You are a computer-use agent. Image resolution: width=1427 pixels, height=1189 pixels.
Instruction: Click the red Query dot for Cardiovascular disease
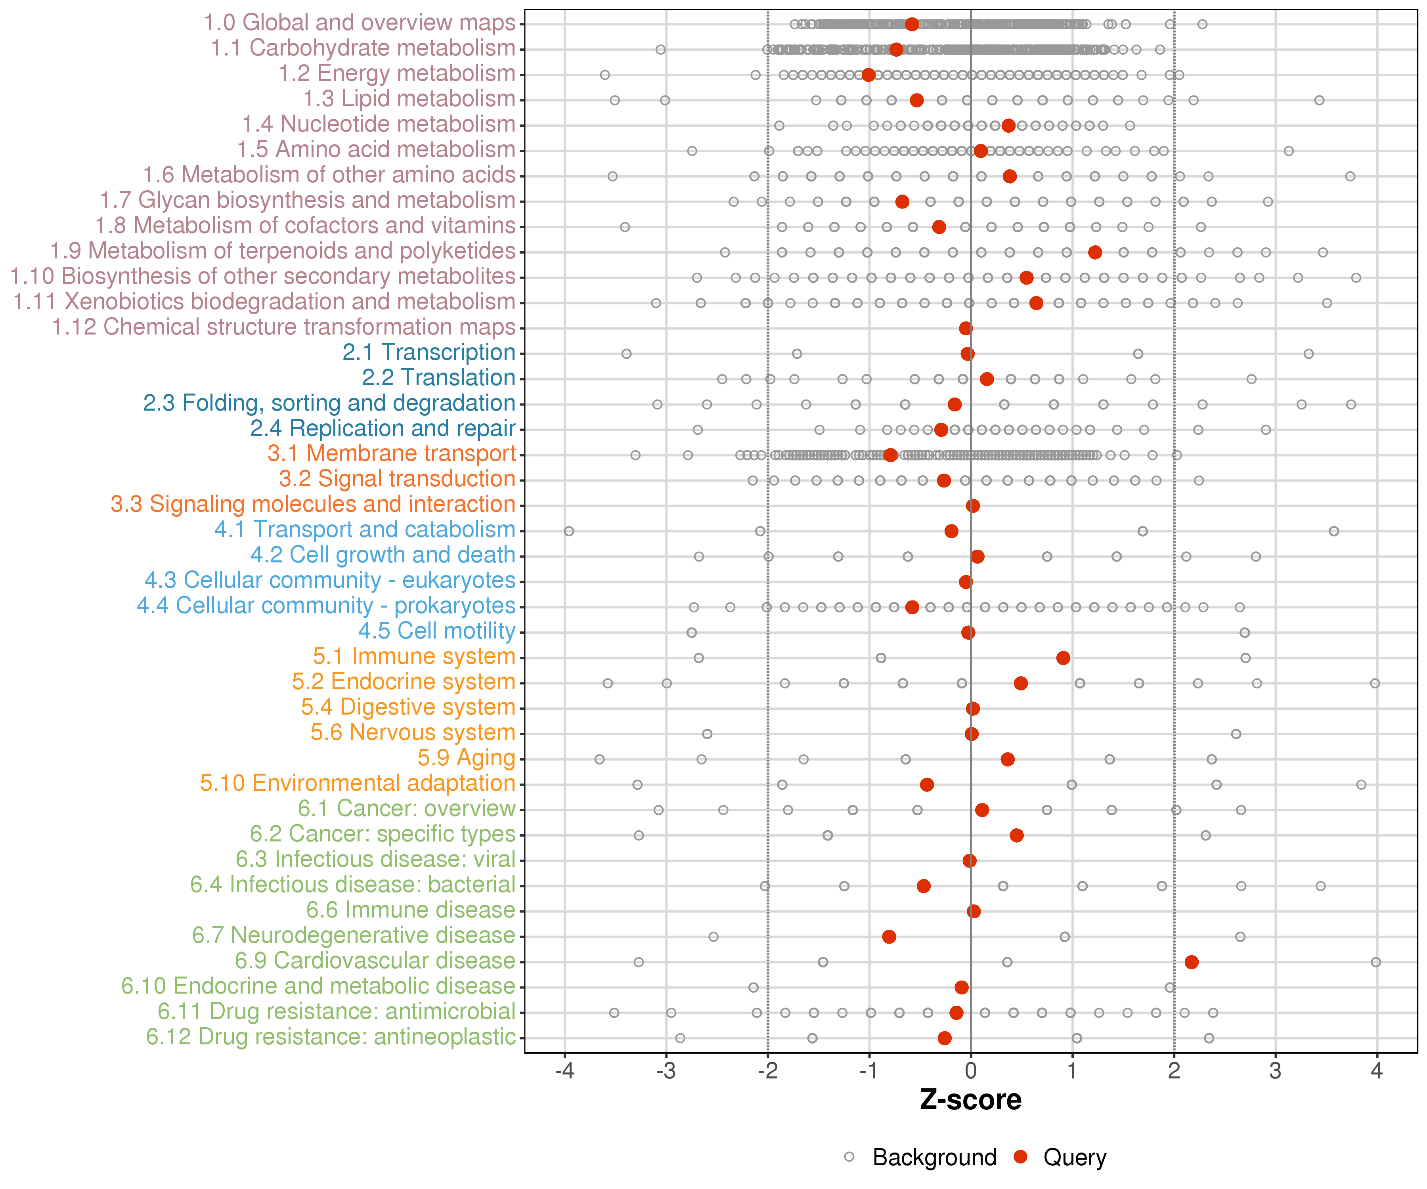click(1191, 962)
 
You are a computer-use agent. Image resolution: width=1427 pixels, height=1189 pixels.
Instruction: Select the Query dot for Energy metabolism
click(868, 75)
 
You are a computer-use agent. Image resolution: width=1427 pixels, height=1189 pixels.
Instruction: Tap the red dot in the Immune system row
click(1064, 658)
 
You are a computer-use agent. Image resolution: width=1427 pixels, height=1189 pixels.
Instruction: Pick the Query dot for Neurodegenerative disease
click(889, 937)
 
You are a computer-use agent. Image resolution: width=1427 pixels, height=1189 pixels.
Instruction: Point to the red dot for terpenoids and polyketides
click(1095, 252)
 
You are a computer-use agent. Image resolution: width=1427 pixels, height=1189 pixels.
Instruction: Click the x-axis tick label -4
click(564, 1071)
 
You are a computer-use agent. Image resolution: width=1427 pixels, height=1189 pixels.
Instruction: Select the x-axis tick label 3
click(1276, 1071)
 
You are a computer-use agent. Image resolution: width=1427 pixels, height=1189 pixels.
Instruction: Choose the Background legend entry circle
click(849, 1157)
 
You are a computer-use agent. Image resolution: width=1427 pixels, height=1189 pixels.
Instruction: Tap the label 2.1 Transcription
click(429, 353)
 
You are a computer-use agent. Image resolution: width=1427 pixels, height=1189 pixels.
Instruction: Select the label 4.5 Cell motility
click(437, 631)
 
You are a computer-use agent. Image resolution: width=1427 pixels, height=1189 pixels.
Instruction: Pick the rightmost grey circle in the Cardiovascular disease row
click(1376, 962)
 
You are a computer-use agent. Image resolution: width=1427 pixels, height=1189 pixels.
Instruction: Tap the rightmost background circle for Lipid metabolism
click(1319, 101)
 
